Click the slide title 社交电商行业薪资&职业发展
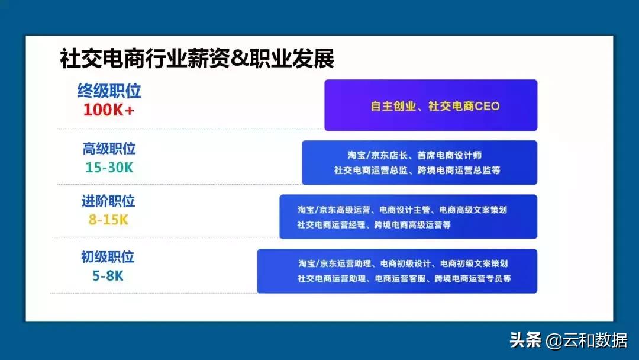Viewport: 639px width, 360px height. [197, 59]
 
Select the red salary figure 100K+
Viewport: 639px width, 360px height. [109, 110]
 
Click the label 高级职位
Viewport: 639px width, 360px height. [109, 149]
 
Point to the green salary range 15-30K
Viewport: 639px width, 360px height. [109, 168]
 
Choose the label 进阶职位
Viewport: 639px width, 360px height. [108, 201]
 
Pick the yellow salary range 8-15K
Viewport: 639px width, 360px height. [108, 220]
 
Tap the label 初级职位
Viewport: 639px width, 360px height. [108, 256]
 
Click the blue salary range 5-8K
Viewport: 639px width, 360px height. [108, 275]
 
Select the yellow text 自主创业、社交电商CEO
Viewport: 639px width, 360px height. [435, 107]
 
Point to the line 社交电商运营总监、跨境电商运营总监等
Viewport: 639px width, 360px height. [417, 171]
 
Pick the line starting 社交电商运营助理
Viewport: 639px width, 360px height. [404, 278]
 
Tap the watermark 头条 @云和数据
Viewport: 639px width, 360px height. [569, 340]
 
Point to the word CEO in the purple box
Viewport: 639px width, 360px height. [486, 107]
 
